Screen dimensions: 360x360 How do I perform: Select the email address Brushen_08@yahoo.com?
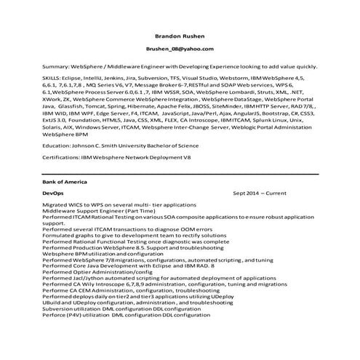(x=180, y=49)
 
